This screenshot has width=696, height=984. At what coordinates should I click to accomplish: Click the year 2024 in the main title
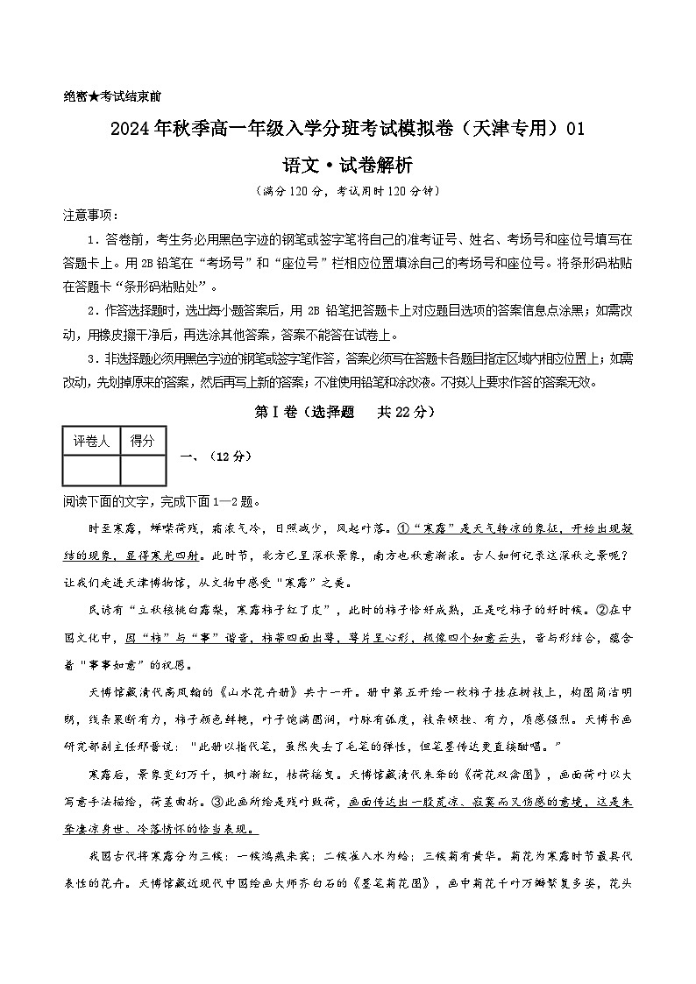click(x=129, y=129)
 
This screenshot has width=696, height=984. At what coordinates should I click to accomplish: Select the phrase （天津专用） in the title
click(x=504, y=129)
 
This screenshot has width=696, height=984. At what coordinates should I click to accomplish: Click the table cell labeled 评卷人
click(x=91, y=441)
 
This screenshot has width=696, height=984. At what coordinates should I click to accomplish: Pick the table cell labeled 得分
click(x=142, y=441)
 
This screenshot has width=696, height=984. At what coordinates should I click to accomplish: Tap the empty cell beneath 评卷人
click(x=91, y=470)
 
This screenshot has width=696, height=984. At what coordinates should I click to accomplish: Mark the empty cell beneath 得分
click(x=142, y=470)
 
